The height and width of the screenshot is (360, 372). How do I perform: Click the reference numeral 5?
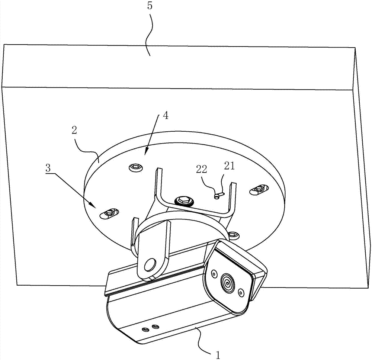(150, 6)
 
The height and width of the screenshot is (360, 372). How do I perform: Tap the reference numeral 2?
(74, 131)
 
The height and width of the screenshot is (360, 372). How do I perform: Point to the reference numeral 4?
(166, 116)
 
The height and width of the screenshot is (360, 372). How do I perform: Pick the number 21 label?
(229, 166)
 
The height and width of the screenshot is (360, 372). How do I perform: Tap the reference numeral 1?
(218, 355)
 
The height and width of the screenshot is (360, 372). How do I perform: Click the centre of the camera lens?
(228, 283)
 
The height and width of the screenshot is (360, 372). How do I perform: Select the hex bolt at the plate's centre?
(184, 201)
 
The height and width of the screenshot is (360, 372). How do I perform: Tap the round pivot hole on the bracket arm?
(150, 264)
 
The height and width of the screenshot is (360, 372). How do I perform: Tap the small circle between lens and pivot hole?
(214, 274)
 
